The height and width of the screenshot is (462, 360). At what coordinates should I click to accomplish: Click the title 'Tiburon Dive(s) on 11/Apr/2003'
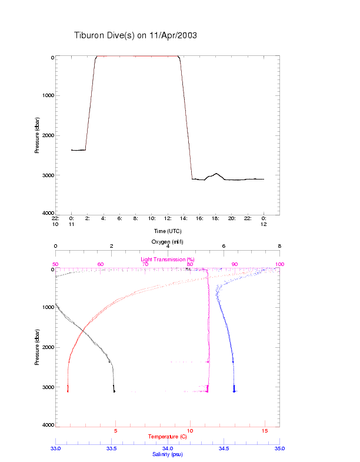tap(135, 35)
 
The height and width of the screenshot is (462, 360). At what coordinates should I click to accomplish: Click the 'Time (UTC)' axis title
tap(168, 231)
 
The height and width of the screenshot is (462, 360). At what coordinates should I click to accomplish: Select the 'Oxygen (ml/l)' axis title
tap(168, 241)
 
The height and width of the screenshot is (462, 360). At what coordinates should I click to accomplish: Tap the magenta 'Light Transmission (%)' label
tap(167, 259)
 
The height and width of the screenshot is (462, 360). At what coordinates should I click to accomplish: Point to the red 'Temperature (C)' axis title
tap(167, 437)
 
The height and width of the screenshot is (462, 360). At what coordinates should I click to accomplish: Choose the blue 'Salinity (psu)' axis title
tap(167, 454)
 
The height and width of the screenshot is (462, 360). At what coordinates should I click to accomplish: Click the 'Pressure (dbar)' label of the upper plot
tap(37, 135)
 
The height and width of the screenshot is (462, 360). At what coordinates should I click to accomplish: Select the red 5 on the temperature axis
tap(115, 431)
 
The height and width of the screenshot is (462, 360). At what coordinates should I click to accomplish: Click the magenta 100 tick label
tap(279, 264)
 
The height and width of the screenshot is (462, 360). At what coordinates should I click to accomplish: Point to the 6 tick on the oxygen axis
tap(224, 246)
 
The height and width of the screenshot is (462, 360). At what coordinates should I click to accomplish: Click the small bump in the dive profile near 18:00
tap(216, 174)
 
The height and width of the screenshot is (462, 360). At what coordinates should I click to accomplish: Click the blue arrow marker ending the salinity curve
tap(234, 390)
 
